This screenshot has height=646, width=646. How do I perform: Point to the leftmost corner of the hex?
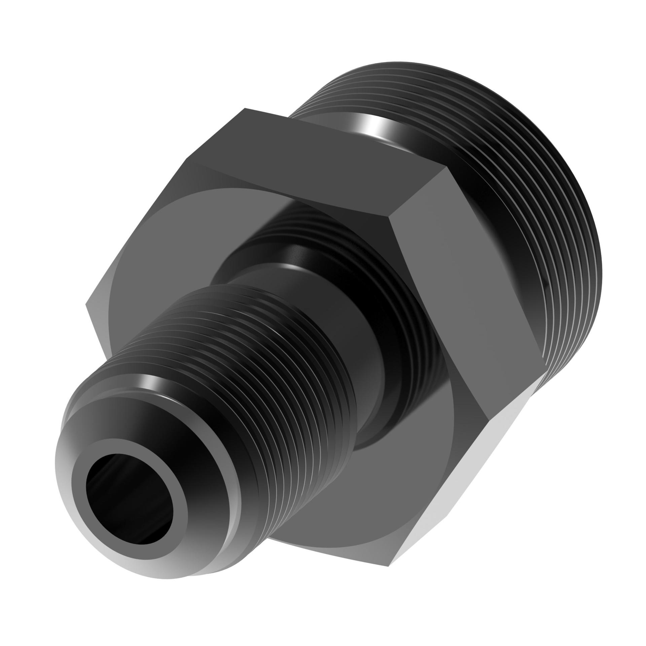(87, 304)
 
